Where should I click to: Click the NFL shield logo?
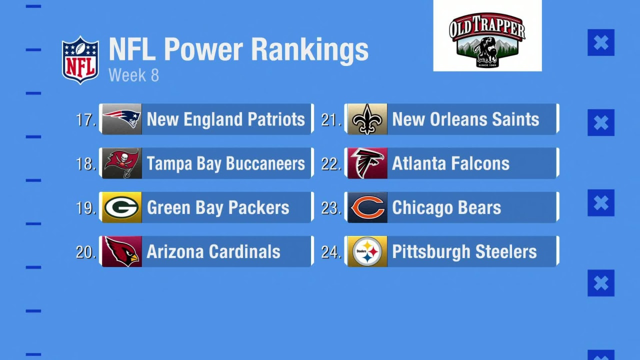point(80,60)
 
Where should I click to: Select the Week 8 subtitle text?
point(133,75)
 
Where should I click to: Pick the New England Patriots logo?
point(122,119)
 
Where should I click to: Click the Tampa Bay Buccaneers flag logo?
point(122,163)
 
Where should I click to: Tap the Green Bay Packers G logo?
point(121,207)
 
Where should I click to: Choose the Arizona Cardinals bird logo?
point(122,251)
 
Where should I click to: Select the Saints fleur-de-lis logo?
point(367,119)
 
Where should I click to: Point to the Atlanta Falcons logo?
point(367,163)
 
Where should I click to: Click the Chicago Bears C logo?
point(367,207)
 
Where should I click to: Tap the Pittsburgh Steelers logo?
point(367,251)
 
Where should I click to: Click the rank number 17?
point(86,119)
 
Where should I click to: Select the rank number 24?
point(331,252)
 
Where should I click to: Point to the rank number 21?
point(331,119)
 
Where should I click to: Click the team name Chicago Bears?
point(446,207)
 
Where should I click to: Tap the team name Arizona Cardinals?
point(213,251)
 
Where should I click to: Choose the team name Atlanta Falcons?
point(451,163)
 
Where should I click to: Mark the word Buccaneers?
point(265,163)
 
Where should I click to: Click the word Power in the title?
point(203,49)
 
